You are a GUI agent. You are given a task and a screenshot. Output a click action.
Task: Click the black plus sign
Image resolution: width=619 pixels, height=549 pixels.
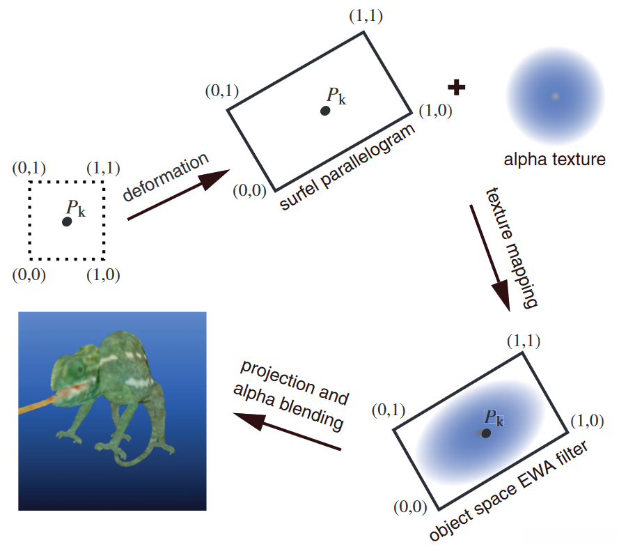pos(457,88)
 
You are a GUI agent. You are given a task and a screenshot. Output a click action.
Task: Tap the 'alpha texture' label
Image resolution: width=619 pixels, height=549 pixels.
pos(554,160)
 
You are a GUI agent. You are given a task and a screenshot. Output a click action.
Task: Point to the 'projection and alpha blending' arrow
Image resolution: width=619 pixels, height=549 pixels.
pos(286,432)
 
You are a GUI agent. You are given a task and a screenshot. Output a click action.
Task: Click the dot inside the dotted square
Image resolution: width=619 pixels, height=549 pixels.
pos(67,222)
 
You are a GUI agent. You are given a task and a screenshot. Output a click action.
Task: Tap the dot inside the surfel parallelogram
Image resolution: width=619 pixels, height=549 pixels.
pos(325,111)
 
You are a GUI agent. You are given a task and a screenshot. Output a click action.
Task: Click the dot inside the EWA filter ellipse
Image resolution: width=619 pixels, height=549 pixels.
pos(486,433)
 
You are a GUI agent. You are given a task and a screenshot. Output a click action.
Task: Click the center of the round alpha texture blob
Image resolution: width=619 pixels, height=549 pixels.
pos(555,96)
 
